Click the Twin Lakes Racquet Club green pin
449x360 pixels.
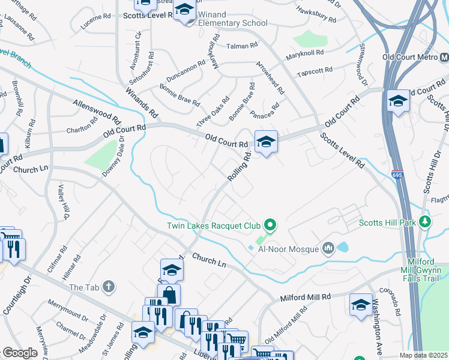point(270,226)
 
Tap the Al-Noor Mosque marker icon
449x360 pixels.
point(328,248)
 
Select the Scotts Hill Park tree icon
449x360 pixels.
point(426,223)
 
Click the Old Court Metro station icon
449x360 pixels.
point(444,58)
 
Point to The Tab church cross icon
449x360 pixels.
point(108,287)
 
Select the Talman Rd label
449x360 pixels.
point(241,46)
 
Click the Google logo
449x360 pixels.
point(20,353)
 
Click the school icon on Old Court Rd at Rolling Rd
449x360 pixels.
point(267,142)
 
